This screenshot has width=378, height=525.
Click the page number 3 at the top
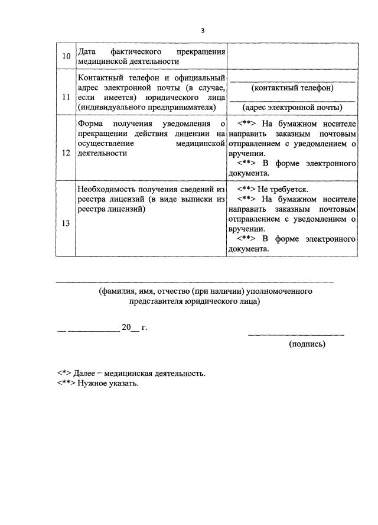click(x=203, y=30)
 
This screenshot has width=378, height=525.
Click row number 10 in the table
click(x=66, y=56)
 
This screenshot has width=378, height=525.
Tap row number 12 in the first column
click(x=66, y=153)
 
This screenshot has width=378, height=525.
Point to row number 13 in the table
click(x=66, y=223)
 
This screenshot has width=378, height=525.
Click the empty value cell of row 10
click(x=292, y=56)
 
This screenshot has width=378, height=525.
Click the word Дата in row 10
click(x=87, y=51)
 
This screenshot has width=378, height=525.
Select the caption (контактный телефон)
click(x=292, y=87)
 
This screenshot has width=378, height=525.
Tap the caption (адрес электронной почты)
click(x=292, y=107)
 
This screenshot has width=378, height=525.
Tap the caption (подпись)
click(x=307, y=343)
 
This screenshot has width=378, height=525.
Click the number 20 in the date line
click(x=125, y=327)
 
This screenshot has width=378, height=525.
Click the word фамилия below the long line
click(x=118, y=291)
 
